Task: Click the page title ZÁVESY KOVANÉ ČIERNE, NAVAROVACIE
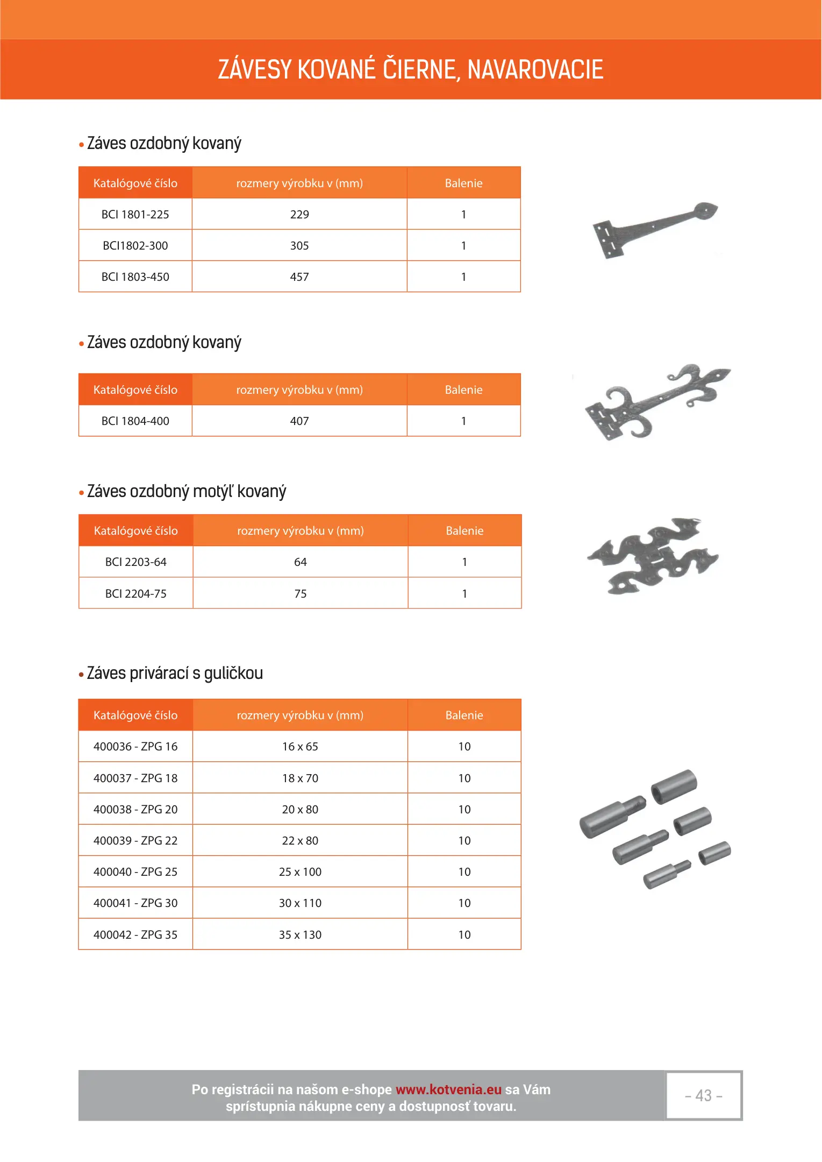410,70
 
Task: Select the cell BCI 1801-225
135,215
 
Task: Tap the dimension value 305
299,246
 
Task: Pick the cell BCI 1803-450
135,277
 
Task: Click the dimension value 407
299,421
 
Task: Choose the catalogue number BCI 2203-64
136,562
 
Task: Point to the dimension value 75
301,594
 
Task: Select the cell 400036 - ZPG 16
135,747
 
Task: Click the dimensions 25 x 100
300,872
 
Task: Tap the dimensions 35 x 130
300,935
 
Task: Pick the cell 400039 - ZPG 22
135,841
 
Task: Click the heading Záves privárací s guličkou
175,674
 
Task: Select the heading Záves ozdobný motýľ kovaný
187,492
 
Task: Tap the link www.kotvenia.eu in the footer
448,1090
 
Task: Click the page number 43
703,1096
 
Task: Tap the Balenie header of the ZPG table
464,715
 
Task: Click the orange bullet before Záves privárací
82,675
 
